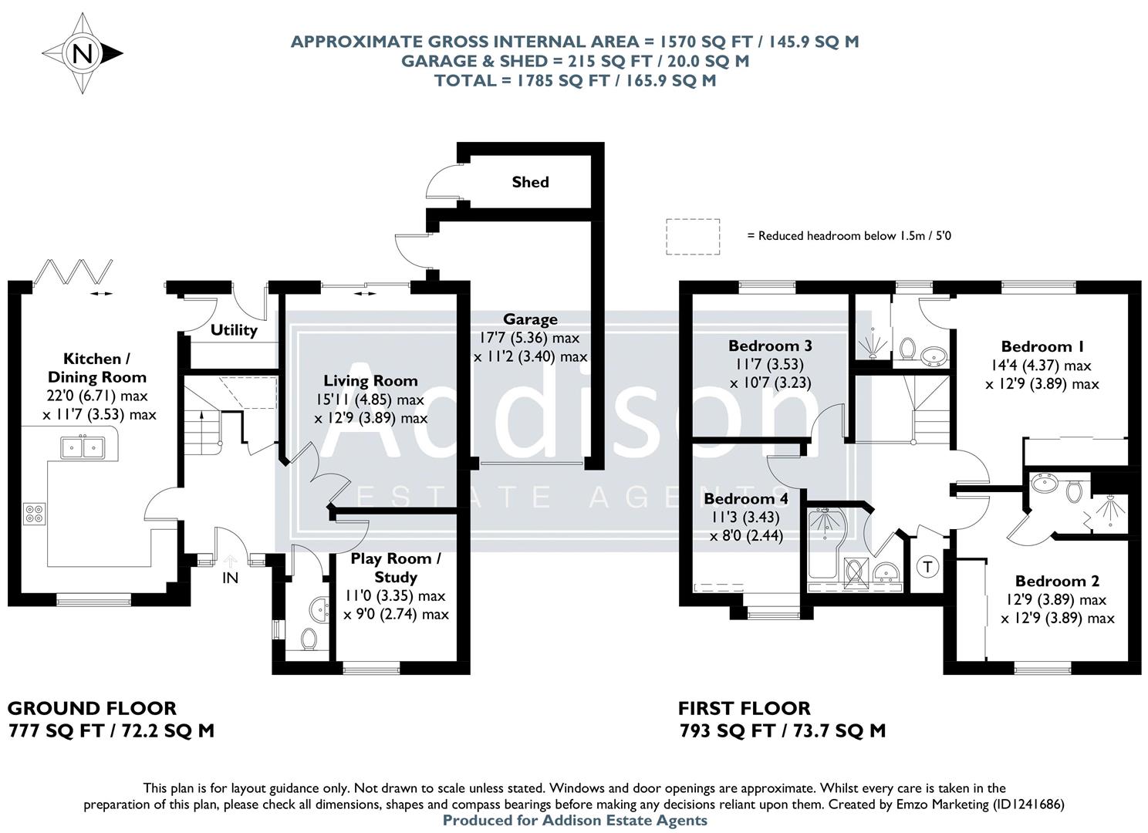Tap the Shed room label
(x=530, y=182)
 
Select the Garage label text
(x=530, y=319)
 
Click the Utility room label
(x=234, y=330)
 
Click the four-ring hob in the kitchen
(x=34, y=514)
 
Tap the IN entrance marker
(x=230, y=577)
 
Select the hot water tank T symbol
(x=928, y=567)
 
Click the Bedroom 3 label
(x=769, y=346)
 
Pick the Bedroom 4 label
(x=745, y=499)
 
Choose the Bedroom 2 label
(x=1056, y=581)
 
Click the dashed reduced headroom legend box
(x=693, y=236)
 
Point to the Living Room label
(x=370, y=380)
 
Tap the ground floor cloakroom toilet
(x=309, y=639)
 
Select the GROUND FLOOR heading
(x=92, y=708)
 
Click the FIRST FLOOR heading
(x=744, y=708)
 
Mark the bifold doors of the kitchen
(x=75, y=271)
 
